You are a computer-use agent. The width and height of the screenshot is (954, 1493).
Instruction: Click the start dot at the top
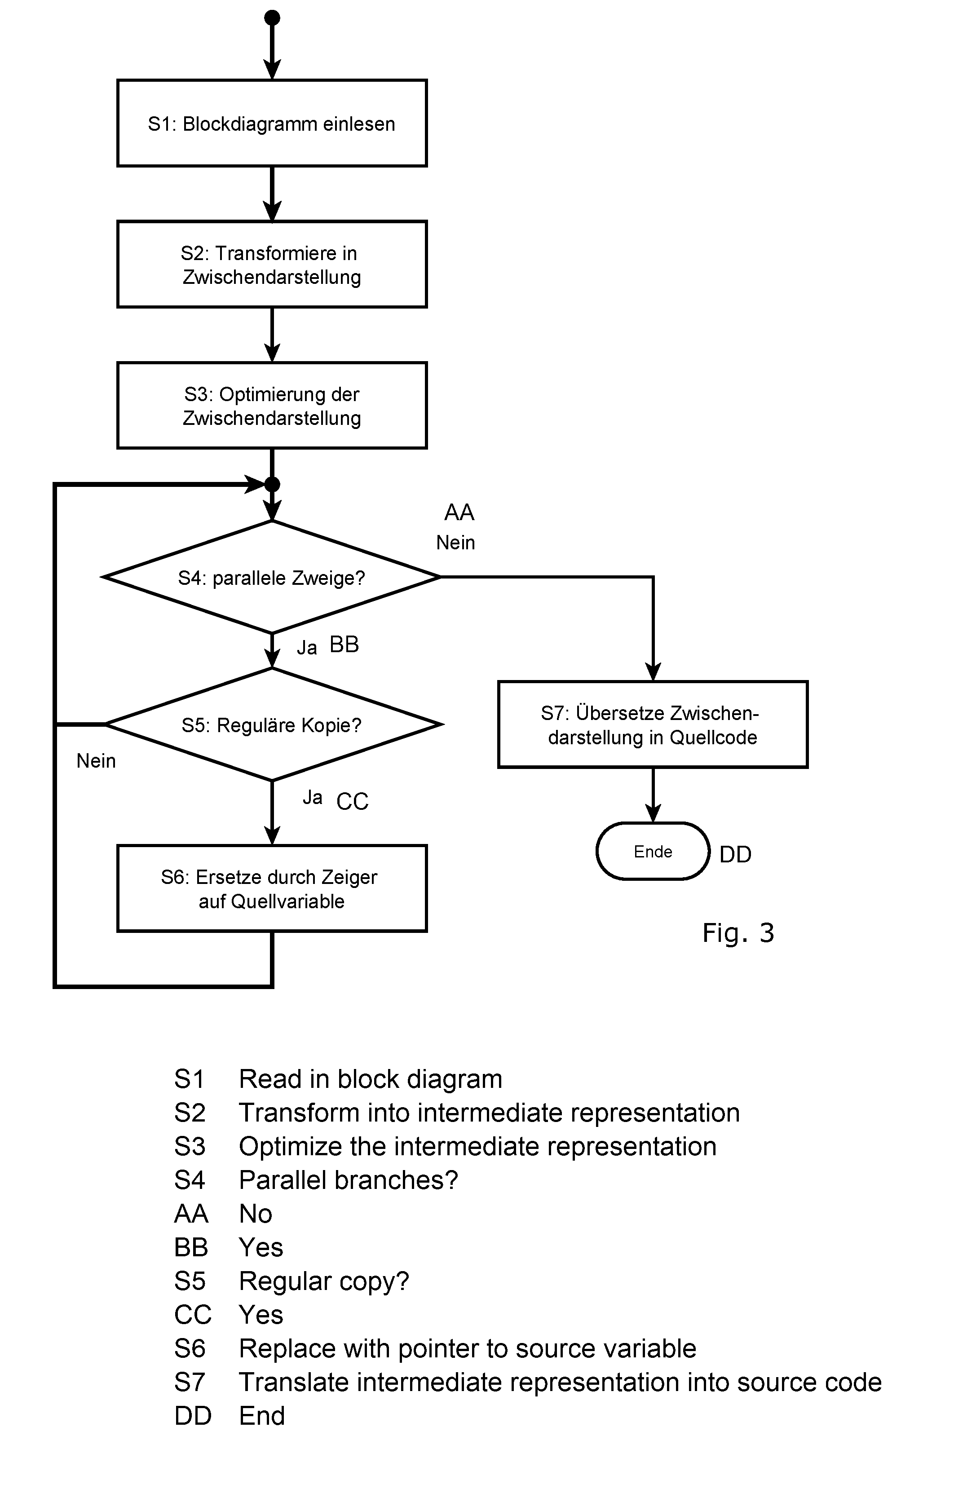click(x=272, y=18)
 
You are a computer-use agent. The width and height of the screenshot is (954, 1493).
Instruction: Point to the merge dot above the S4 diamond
click(x=272, y=484)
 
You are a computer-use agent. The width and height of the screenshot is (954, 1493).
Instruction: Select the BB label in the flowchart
click(x=344, y=645)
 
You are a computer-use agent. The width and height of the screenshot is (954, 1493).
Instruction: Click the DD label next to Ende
click(x=735, y=854)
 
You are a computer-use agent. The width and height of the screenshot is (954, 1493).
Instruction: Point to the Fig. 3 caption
click(x=738, y=933)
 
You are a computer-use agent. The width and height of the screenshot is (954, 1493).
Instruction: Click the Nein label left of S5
click(x=96, y=761)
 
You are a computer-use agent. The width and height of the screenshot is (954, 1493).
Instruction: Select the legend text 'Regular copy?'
click(x=324, y=1281)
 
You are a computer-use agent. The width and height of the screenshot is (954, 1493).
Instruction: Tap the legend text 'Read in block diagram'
click(x=371, y=1079)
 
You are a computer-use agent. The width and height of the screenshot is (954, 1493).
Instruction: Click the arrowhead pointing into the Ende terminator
click(x=653, y=813)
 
